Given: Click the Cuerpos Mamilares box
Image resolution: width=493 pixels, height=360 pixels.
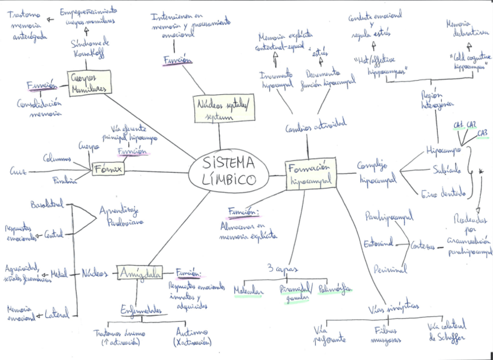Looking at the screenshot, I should (88, 83).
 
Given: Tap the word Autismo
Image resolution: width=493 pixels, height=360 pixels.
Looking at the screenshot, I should (193, 332).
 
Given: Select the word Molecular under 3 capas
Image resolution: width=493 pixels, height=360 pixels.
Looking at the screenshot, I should (249, 291).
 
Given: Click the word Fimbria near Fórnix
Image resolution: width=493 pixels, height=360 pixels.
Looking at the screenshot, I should (65, 181).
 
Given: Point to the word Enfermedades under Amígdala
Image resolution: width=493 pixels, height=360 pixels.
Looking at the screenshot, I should (141, 311).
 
